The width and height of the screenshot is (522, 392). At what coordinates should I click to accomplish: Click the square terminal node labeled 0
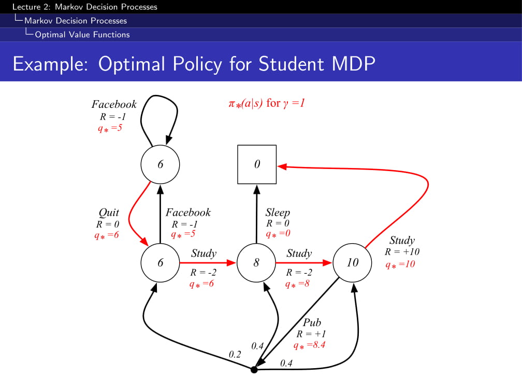[x=257, y=164]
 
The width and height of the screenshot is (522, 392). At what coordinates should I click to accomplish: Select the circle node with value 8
[x=256, y=263]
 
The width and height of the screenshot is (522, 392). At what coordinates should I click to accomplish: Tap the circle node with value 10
[x=352, y=263]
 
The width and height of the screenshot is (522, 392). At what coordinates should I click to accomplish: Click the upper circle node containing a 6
[x=160, y=164]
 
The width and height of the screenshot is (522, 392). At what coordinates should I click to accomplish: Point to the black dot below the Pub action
[x=254, y=370]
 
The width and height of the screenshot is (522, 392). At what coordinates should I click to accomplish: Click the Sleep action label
[x=278, y=213]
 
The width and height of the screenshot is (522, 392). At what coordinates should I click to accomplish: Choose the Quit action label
[x=109, y=213]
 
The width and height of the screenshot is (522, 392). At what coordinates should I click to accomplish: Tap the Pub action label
[x=312, y=323]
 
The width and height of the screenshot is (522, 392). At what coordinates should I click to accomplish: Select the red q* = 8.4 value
[x=309, y=345]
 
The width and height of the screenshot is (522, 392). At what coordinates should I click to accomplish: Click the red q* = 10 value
[x=400, y=264]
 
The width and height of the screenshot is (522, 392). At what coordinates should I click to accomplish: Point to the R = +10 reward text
[x=402, y=252]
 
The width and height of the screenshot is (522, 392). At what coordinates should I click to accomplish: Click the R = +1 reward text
[x=311, y=334]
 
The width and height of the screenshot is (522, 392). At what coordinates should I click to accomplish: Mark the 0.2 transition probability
[x=235, y=355]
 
